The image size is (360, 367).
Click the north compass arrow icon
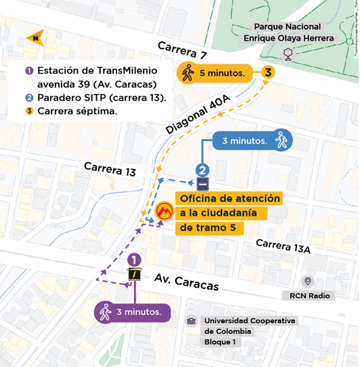tap(33, 38)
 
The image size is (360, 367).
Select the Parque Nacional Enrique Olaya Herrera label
tap(288, 32)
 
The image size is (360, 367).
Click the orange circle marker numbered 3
tap(269, 72)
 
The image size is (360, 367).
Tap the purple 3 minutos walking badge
tap(131, 312)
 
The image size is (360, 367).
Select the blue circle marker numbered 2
tap(202, 170)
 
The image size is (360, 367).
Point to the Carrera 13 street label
tap(110, 170)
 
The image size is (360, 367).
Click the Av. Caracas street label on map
tap(186, 282)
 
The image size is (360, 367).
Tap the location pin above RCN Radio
tap(308, 281)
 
